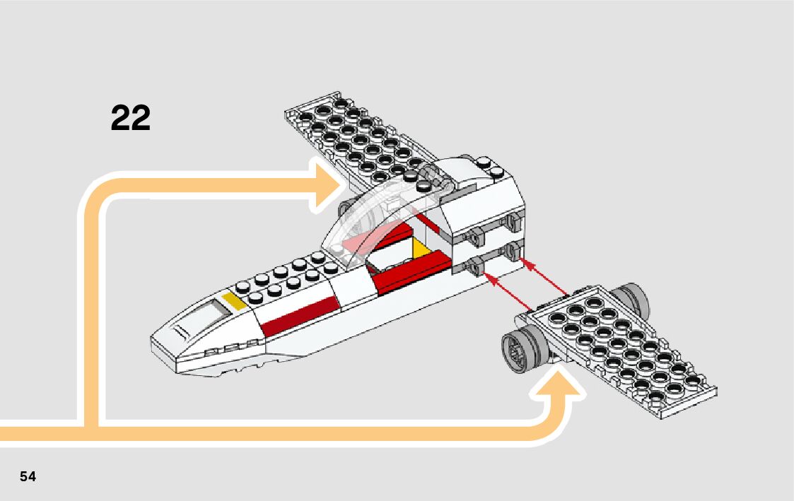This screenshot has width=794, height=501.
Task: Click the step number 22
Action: [x=131, y=118]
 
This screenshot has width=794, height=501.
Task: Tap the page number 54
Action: [x=28, y=476]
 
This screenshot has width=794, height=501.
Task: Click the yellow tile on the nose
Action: [x=234, y=301]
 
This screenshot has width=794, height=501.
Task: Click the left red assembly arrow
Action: [x=509, y=294]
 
